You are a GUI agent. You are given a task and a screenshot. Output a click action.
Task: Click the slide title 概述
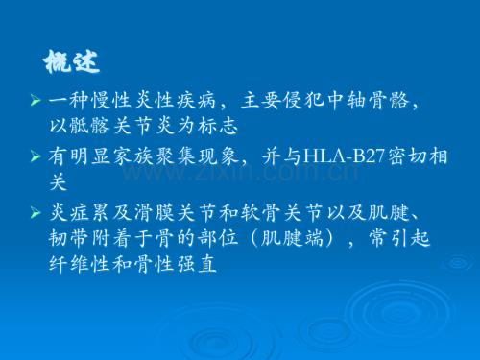71,61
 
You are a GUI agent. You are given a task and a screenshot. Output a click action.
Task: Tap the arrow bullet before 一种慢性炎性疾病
36,100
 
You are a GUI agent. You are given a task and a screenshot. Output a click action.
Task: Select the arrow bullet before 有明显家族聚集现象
36,156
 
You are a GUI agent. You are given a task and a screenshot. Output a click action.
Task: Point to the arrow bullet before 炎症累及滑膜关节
36,212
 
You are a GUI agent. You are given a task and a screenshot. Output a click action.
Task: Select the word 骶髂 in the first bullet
90,125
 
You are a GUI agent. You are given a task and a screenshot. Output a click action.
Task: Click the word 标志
218,125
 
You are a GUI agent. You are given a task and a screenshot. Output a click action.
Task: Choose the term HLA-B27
344,156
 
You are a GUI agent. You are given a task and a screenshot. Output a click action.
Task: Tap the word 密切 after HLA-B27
407,156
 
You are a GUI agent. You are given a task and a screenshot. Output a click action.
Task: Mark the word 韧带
68,238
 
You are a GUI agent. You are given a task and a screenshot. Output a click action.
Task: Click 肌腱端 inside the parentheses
292,238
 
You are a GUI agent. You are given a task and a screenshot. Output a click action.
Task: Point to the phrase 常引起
399,238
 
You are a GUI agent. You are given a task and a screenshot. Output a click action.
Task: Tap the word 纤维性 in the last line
80,264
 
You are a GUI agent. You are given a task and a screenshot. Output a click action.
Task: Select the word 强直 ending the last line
197,264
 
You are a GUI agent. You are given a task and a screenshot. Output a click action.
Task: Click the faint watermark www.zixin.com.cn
241,173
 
